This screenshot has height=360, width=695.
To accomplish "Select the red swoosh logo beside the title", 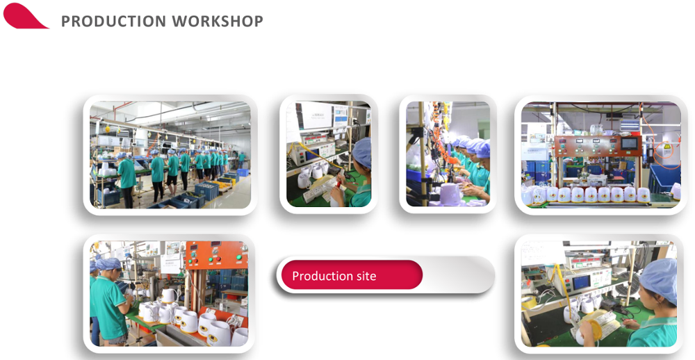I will pyautogui.click(x=24, y=17).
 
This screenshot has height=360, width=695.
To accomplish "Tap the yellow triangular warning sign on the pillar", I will pyautogui.click(x=667, y=147).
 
